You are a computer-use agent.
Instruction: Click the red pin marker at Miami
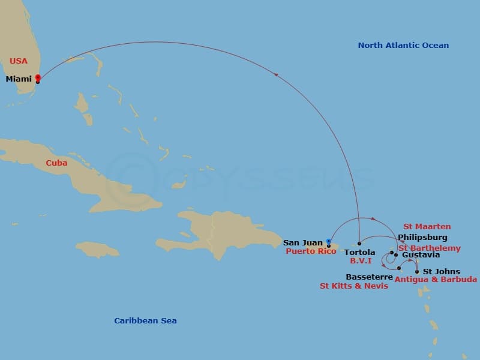click(x=38, y=77)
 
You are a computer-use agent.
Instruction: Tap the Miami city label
click(x=19, y=79)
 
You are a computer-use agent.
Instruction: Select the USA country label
click(x=19, y=61)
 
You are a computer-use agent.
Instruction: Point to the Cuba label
click(x=56, y=163)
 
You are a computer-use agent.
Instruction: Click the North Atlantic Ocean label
click(x=403, y=45)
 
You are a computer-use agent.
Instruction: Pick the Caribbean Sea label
click(x=145, y=320)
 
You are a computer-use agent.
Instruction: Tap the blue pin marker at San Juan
click(x=328, y=242)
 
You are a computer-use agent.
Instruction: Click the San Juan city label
click(x=303, y=243)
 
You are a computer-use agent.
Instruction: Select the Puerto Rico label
click(x=311, y=251)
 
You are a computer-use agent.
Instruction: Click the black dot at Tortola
click(x=359, y=244)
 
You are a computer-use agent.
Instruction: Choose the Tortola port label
click(x=359, y=253)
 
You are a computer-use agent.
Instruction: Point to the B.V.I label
click(x=361, y=261)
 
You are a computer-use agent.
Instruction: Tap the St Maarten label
click(x=427, y=227)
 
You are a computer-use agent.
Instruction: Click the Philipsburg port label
click(x=422, y=238)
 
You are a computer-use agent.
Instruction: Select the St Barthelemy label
click(x=430, y=248)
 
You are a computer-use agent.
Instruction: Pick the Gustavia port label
click(x=421, y=255)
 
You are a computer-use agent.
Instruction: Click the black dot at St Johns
click(x=417, y=271)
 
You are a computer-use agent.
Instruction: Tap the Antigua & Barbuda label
click(x=436, y=280)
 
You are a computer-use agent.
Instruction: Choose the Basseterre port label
click(x=370, y=277)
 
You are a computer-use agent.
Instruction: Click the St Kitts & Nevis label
click(x=354, y=286)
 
